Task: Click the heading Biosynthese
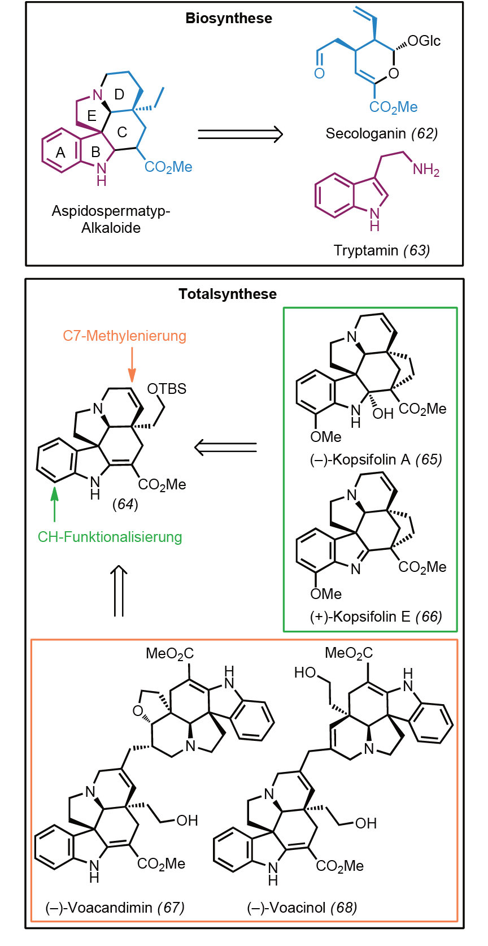(229, 18)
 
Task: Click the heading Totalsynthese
(228, 294)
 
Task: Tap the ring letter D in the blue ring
(120, 94)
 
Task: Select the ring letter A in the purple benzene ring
(60, 153)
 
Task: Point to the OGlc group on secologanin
(424, 41)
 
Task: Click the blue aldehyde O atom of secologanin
(320, 73)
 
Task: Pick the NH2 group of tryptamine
(426, 170)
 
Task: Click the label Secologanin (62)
(382, 133)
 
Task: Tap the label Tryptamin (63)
(382, 250)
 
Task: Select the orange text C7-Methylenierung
(124, 336)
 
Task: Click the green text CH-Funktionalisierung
(110, 537)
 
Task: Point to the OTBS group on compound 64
(167, 389)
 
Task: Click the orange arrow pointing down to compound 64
(132, 365)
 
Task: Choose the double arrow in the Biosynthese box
(240, 134)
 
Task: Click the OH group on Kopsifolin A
(383, 414)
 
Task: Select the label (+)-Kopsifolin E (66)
(376, 617)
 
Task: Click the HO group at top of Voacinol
(305, 672)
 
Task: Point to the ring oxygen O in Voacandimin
(138, 711)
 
